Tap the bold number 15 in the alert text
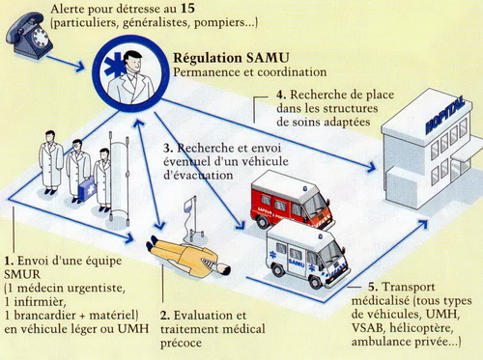coord(187,9)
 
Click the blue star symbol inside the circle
coord(115,66)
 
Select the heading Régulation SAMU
coord(231,58)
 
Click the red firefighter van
coord(293,200)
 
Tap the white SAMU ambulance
coord(307,254)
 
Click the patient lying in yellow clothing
coord(188,259)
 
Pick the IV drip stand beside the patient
coord(192,219)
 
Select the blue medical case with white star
coord(87,188)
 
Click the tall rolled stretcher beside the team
coord(119,179)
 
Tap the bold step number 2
coord(165,316)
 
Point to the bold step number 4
coord(281,96)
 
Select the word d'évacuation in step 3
coord(198,176)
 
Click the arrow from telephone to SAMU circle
coord(66,63)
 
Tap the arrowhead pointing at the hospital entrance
coord(371,167)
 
